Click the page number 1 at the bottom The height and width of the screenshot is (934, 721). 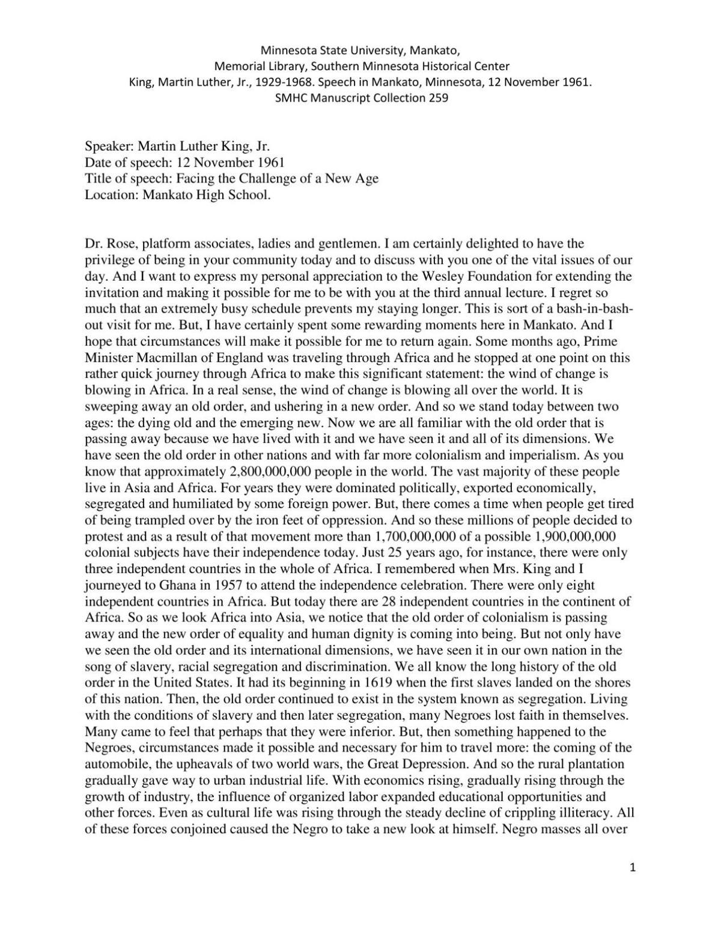(x=632, y=867)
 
